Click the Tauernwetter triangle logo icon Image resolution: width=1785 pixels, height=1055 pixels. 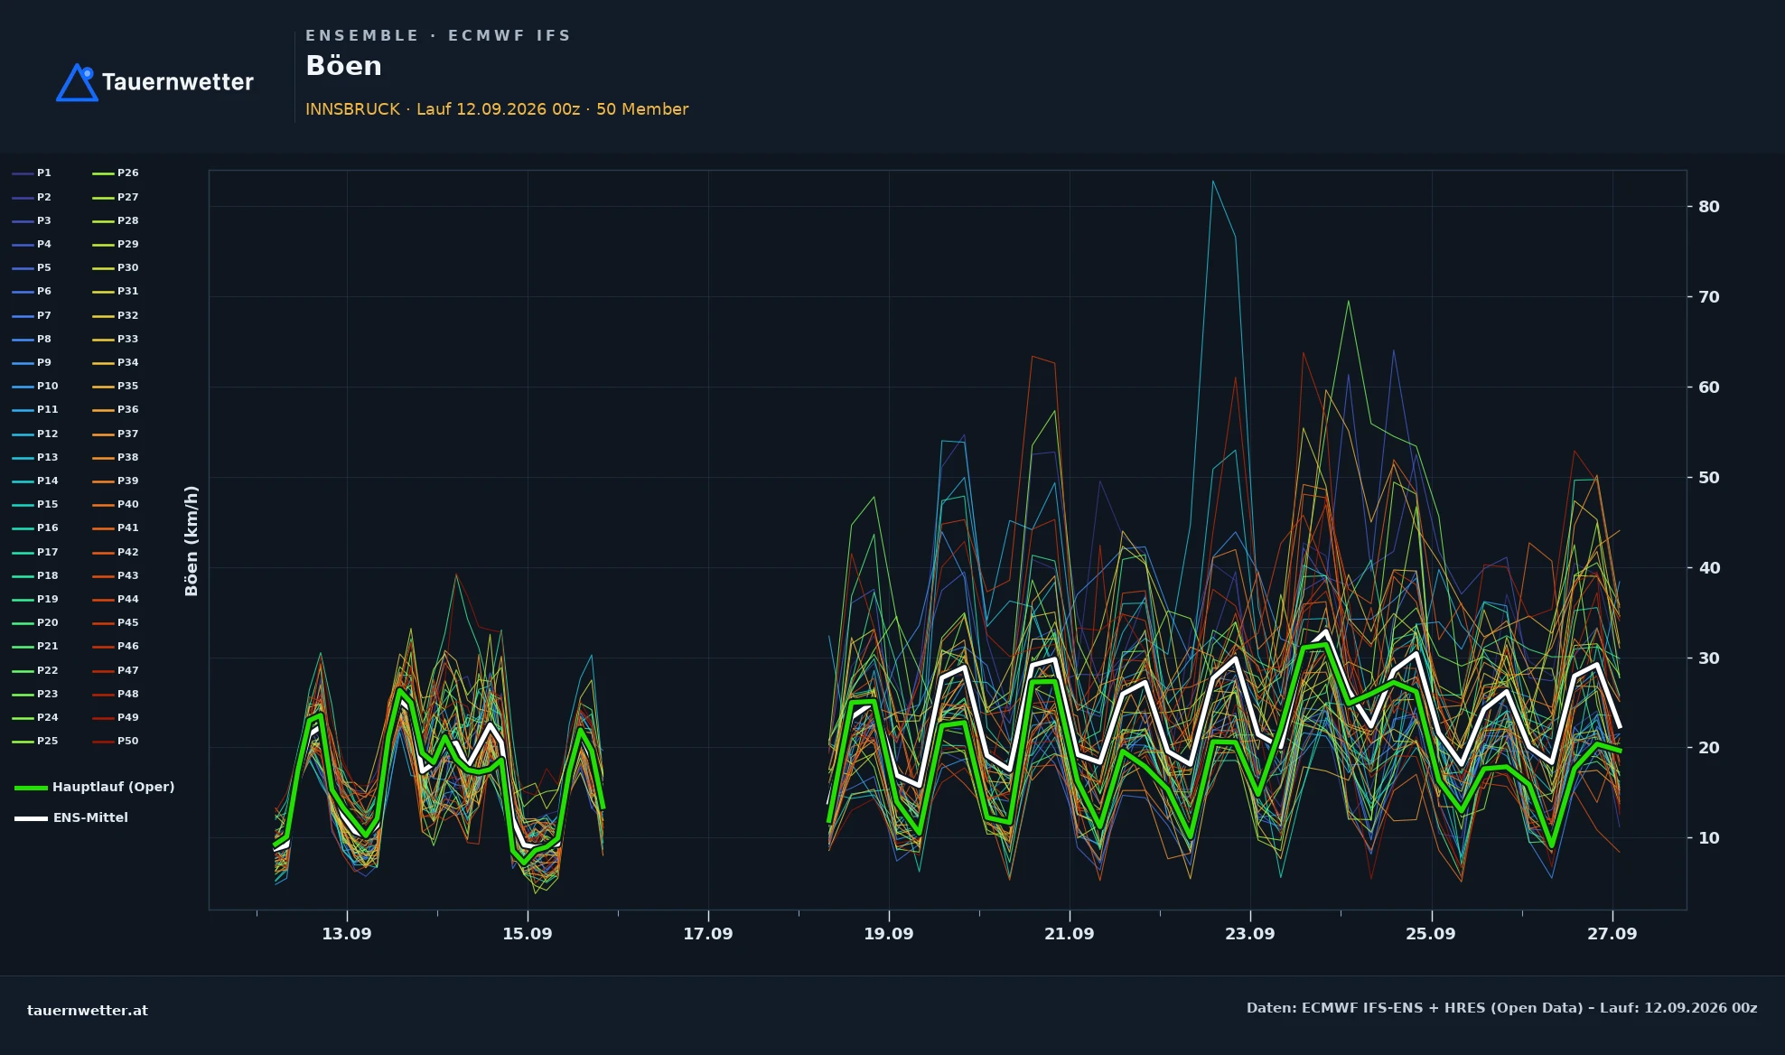point(77,82)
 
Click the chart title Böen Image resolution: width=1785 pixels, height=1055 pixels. point(343,66)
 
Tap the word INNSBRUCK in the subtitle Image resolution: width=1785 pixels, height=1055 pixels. point(352,109)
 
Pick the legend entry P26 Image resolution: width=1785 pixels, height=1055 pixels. point(116,173)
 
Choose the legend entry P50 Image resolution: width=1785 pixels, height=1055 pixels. point(116,741)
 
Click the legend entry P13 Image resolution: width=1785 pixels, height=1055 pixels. point(35,457)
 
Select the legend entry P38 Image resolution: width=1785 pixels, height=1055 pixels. point(116,457)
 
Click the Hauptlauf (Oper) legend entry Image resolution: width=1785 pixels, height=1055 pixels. point(95,787)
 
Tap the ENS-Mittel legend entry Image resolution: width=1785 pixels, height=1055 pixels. point(71,817)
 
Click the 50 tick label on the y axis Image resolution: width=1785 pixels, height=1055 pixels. point(1708,478)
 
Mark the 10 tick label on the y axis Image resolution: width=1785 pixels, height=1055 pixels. point(1708,838)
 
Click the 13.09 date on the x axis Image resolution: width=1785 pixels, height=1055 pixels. point(347,934)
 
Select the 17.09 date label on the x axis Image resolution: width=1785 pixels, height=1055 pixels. point(708,934)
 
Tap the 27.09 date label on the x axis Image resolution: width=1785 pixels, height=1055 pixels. point(1612,934)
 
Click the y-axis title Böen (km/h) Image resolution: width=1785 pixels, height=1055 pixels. point(192,541)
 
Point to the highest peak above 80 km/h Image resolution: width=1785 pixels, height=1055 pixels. point(1212,181)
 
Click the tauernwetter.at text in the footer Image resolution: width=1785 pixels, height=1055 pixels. point(88,1011)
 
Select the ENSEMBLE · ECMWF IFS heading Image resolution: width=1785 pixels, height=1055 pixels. point(438,36)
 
